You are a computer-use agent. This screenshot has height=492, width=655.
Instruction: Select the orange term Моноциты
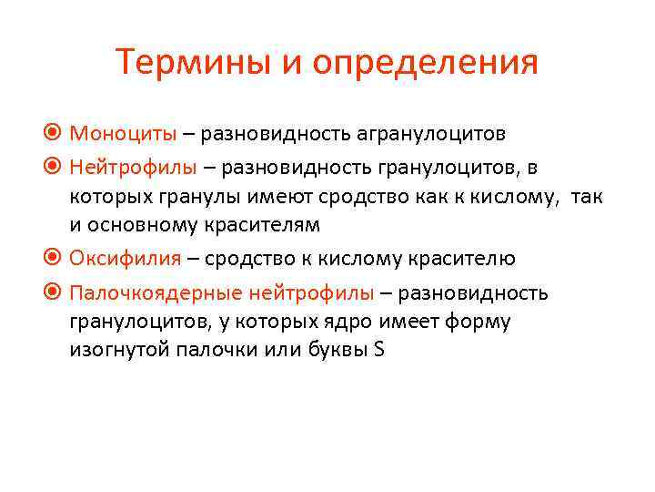pyautogui.click(x=124, y=134)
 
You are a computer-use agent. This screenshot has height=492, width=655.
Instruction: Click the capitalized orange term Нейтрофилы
pyautogui.click(x=133, y=168)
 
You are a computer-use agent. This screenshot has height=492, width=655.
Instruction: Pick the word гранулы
pyautogui.click(x=210, y=196)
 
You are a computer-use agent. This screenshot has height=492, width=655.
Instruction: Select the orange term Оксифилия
pyautogui.click(x=127, y=259)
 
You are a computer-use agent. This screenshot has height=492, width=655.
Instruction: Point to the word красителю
pyautogui.click(x=466, y=259)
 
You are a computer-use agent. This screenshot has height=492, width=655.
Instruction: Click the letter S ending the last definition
pyautogui.click(x=378, y=350)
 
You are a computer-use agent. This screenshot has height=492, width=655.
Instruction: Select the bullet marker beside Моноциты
pyautogui.click(x=54, y=134)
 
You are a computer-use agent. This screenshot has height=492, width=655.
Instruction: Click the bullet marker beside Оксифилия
pyautogui.click(x=54, y=259)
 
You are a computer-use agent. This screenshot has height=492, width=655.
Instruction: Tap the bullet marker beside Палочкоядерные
pyautogui.click(x=54, y=293)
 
